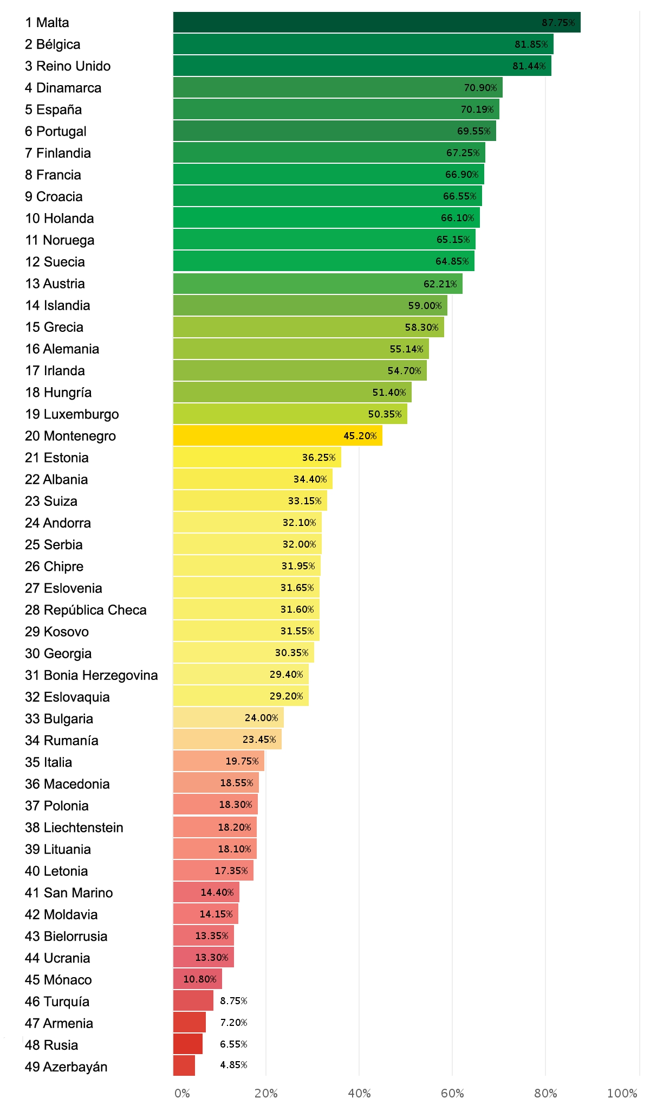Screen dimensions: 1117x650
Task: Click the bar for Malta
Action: pyautogui.click(x=376, y=22)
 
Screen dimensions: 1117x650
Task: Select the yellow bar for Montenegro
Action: pyautogui.click(x=277, y=435)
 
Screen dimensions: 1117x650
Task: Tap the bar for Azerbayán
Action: pyautogui.click(x=184, y=1065)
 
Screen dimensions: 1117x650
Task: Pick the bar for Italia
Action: pyautogui.click(x=218, y=761)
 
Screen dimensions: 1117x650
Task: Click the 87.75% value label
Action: pyautogui.click(x=558, y=22)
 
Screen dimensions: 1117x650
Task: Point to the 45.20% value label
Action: pyautogui.click(x=360, y=435)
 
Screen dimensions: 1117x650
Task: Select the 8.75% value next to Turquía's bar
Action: pyautogui.click(x=233, y=1000)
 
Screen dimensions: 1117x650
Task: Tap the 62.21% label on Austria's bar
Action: pyautogui.click(x=440, y=284)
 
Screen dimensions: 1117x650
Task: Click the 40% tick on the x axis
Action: pyautogui.click(x=359, y=1093)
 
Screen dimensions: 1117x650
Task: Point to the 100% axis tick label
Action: pyautogui.click(x=622, y=1093)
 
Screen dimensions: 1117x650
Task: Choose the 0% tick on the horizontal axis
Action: pyautogui.click(x=183, y=1093)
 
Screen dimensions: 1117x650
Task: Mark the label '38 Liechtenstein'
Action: pyautogui.click(x=74, y=827)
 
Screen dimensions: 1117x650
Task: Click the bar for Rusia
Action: pyautogui.click(x=187, y=1044)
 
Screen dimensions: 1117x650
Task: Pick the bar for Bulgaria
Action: pyautogui.click(x=228, y=717)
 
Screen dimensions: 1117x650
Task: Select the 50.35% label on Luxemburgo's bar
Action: pyautogui.click(x=385, y=414)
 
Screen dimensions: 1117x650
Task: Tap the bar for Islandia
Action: pyautogui.click(x=310, y=305)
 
